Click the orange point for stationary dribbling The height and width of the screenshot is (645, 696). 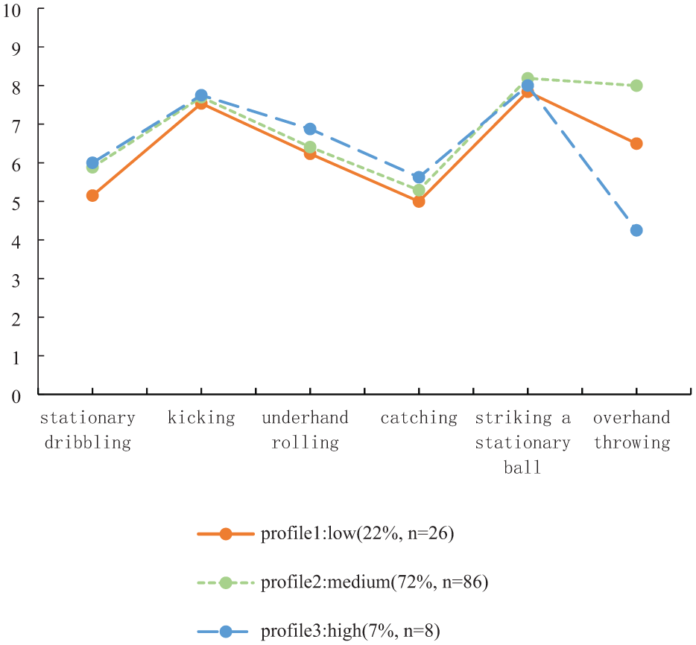92,195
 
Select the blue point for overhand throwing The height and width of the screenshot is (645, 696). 636,230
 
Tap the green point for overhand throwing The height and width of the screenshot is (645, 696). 636,86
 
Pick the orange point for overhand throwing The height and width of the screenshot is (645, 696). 636,144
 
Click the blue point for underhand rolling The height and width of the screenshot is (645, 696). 310,129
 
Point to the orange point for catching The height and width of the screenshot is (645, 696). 419,201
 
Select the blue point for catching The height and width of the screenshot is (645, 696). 419,177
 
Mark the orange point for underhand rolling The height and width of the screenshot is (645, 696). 310,153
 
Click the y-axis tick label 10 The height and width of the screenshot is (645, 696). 14,9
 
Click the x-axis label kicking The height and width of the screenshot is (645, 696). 201,418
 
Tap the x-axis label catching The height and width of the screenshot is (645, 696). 419,418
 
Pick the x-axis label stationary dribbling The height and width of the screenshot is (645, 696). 88,430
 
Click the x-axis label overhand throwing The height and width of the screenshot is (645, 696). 632,430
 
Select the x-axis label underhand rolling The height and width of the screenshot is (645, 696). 306,430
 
